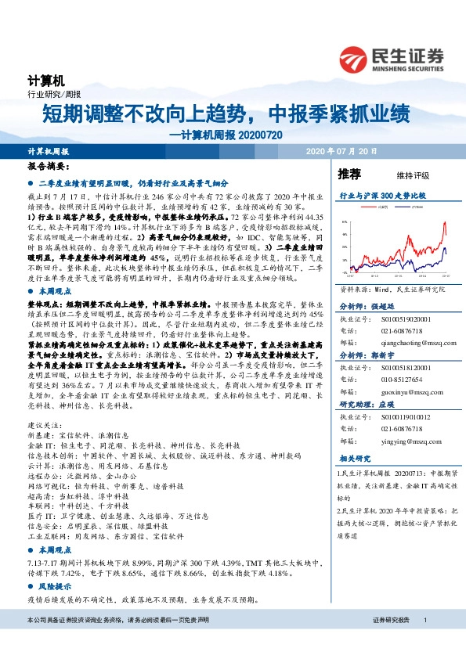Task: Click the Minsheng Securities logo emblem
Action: click(355, 57)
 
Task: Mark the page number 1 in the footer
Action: click(424, 642)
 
